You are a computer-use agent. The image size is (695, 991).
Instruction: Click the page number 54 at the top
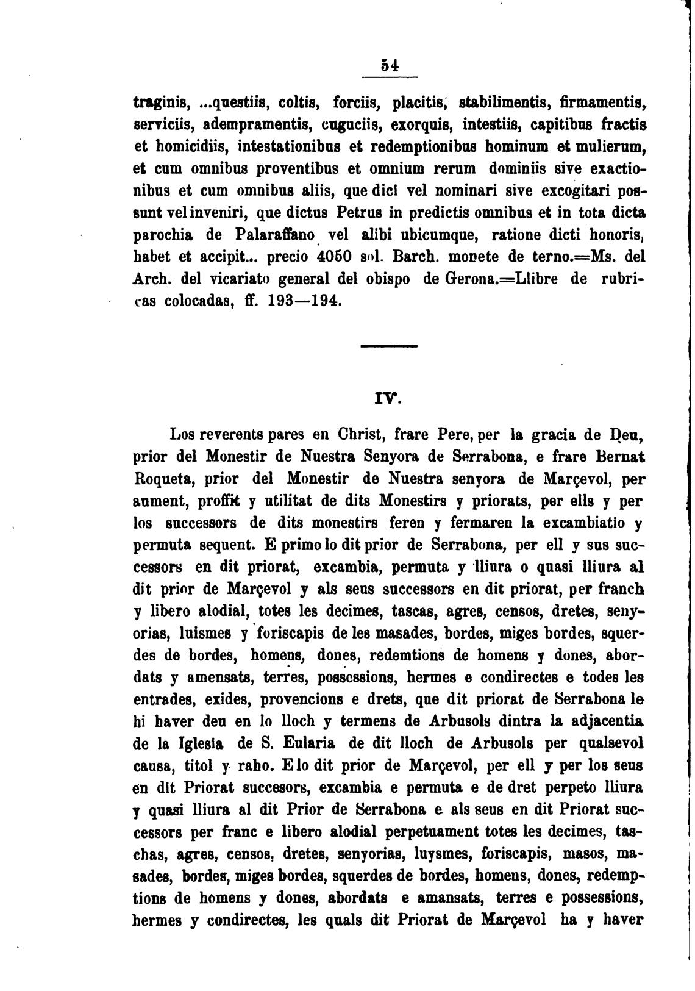coord(390,65)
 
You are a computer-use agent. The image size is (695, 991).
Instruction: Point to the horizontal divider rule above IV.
coord(389,346)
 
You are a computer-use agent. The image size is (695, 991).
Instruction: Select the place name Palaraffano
coord(280,235)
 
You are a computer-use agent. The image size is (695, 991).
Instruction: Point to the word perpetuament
coord(409,831)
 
